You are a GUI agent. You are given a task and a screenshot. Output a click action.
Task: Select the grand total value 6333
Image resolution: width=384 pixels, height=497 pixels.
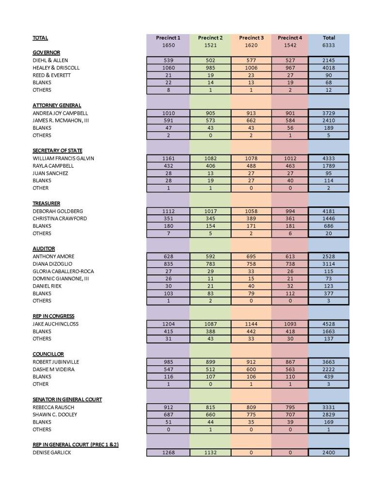[329, 45]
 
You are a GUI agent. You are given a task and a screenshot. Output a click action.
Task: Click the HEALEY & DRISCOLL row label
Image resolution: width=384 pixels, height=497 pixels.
[56, 68]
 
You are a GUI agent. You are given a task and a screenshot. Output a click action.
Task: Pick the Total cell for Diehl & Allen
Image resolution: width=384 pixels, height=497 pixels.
[329, 60]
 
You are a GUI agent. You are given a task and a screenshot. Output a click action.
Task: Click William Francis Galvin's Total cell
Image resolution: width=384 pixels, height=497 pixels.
[329, 158]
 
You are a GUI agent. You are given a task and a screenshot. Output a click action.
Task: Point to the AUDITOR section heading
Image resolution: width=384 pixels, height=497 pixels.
[40, 248]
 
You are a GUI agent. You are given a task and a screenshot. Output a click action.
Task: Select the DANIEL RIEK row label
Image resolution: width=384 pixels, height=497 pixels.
[46, 286]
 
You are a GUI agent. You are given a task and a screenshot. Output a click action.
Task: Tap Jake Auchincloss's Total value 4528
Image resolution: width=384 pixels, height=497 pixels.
[329, 324]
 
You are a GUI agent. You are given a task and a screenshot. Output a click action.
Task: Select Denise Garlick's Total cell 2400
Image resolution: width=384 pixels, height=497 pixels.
[329, 452]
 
